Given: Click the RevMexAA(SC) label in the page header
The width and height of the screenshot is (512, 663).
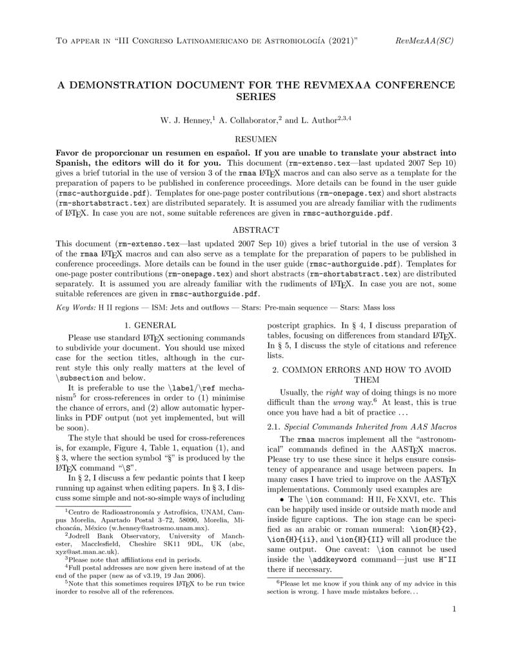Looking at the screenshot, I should [x=424, y=41].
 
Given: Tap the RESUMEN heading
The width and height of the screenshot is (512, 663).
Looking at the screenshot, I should [x=255, y=139].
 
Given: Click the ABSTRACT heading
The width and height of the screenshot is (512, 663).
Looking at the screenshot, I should [x=255, y=230].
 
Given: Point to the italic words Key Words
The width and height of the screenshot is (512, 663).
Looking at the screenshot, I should [x=75, y=308].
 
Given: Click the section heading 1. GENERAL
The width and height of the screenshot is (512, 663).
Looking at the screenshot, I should [x=150, y=325].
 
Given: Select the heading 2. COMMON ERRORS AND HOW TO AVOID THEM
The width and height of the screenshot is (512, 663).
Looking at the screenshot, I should [x=361, y=375].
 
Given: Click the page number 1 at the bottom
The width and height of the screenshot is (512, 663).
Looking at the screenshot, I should [x=454, y=608].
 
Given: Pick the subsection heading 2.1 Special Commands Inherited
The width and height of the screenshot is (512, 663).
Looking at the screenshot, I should [x=361, y=427].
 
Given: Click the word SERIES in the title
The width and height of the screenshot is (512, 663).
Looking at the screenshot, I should [x=255, y=97].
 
